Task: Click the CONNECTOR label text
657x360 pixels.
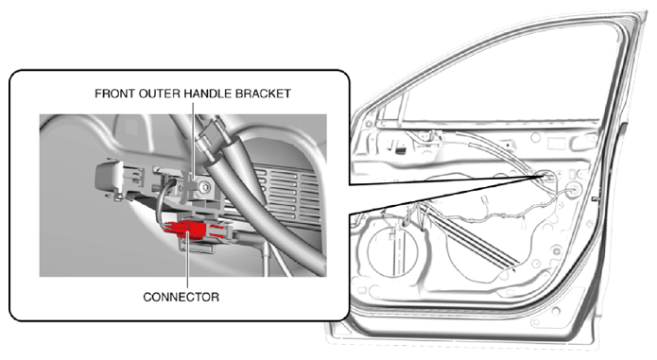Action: [x=181, y=297]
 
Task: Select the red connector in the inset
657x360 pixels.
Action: [x=184, y=231]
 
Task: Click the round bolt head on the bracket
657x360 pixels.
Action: [x=206, y=188]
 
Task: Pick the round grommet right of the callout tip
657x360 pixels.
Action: [x=572, y=188]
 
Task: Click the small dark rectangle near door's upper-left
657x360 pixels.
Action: [x=401, y=150]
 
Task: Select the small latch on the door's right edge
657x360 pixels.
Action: [x=594, y=198]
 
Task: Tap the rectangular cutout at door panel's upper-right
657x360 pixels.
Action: [x=556, y=144]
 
